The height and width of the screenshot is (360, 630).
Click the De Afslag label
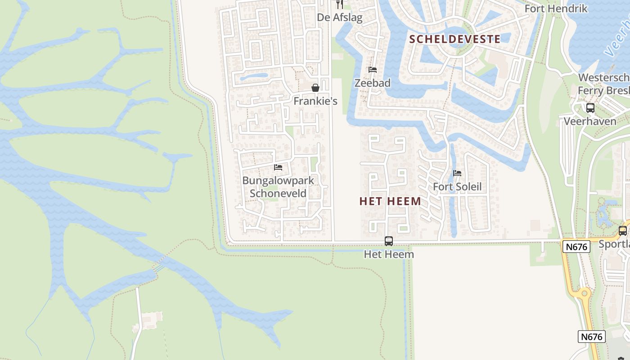(340, 18)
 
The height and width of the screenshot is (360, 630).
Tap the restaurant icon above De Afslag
(340, 4)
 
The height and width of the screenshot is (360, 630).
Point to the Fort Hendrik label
(556, 9)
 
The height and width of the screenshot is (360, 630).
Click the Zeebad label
(373, 83)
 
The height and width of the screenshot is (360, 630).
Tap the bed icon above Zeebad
(373, 70)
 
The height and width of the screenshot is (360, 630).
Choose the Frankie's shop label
(315, 101)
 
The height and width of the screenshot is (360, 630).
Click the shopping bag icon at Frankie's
(315, 87)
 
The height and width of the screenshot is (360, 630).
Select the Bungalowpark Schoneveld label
(278, 187)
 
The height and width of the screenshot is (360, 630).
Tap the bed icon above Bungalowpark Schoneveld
(278, 167)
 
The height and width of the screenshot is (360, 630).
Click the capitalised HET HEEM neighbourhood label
(390, 201)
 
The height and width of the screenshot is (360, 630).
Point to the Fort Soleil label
(457, 187)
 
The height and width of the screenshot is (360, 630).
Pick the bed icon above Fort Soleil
(457, 173)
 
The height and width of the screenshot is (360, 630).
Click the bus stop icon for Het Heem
(389, 241)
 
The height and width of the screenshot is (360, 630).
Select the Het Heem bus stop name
(389, 254)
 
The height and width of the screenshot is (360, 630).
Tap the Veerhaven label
(590, 121)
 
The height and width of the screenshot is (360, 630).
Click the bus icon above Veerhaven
(590, 108)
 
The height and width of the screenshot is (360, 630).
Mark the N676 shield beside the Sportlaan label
(576, 247)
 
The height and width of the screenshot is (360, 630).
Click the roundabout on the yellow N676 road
(584, 293)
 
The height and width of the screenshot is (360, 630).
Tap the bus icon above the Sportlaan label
(623, 231)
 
